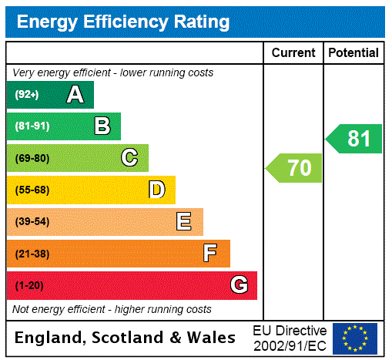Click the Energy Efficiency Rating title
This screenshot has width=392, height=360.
[x=123, y=22]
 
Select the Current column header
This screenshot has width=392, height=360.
[x=293, y=52]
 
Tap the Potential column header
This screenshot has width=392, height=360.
[x=353, y=52]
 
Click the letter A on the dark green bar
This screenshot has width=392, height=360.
[x=75, y=95]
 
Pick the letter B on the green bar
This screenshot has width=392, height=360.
[x=102, y=126]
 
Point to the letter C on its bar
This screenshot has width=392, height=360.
[x=129, y=158]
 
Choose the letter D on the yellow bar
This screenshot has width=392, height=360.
[x=156, y=190]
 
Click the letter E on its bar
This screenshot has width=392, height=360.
[x=184, y=222]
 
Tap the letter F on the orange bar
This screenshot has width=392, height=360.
[x=210, y=254]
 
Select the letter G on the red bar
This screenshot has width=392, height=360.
[x=239, y=285]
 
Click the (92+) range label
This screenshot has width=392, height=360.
[x=27, y=95]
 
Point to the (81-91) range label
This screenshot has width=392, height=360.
[x=32, y=126]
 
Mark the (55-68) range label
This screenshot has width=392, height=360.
[x=32, y=190]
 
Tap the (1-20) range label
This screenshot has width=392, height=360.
[x=29, y=285]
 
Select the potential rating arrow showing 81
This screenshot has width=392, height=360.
[x=354, y=139]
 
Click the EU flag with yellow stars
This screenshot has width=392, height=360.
[x=355, y=338]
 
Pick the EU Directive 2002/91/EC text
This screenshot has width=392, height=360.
[x=290, y=338]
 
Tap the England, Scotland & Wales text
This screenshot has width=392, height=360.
[x=126, y=338]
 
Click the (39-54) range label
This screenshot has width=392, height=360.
[x=32, y=222]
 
